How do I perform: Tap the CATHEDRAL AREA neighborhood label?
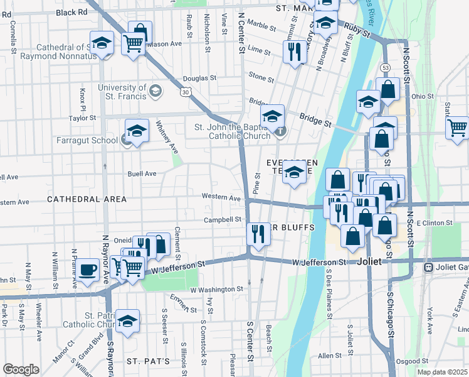tap(87, 199)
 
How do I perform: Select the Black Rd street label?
tap(71, 12)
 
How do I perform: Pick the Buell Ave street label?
tap(142, 173)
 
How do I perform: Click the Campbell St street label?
tap(223, 220)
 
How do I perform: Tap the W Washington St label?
tap(216, 289)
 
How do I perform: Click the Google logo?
tap(21, 369)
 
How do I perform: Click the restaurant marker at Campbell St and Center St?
tap(258, 234)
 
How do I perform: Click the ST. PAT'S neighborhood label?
tap(148, 361)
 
